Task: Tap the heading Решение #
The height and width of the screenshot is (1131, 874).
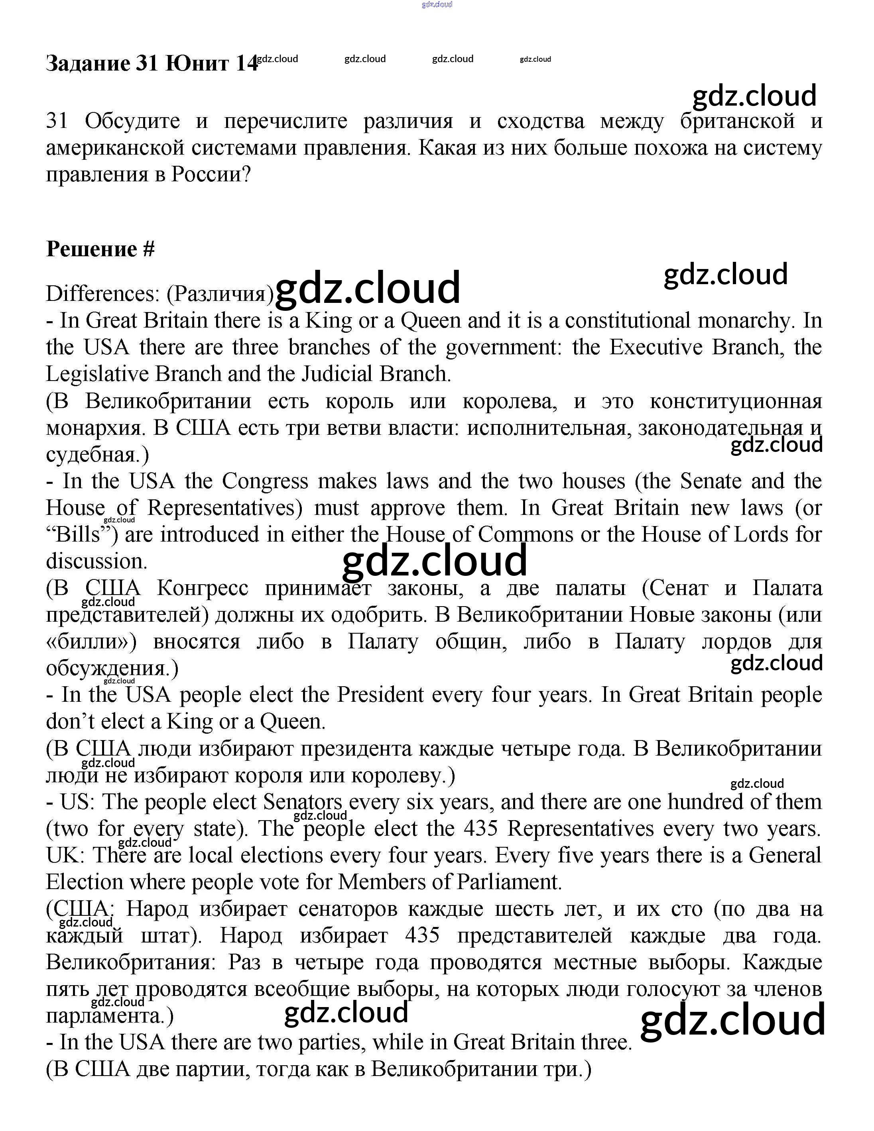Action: [x=100, y=249]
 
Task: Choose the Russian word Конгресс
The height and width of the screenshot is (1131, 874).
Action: [x=203, y=588]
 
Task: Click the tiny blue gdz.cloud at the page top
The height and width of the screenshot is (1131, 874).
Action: [x=437, y=4]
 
